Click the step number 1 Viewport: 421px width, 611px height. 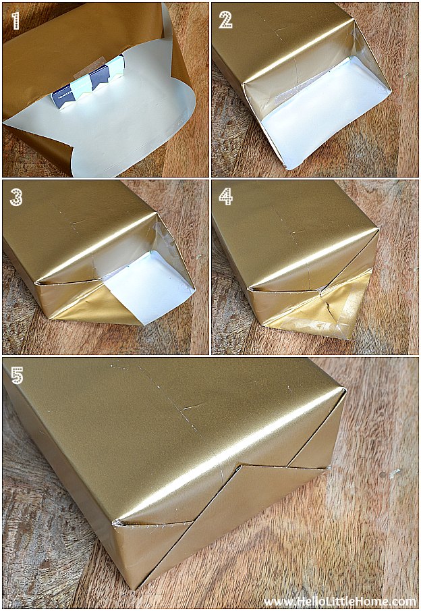pos(16,20)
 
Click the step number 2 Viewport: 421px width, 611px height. pos(225,20)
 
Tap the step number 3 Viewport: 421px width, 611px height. pos(16,197)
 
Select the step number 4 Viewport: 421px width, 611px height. pos(225,196)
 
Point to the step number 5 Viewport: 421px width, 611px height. pos(17,375)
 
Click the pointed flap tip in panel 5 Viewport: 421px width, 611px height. pos(242,466)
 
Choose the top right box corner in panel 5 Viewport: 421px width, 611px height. pos(344,389)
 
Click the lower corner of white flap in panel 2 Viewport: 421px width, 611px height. pos(288,167)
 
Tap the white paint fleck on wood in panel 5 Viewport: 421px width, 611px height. pos(395,473)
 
